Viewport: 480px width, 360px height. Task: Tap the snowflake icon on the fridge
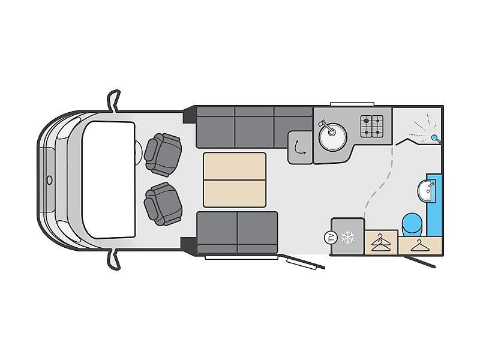[x=348, y=236]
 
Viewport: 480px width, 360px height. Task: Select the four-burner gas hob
[x=371, y=126]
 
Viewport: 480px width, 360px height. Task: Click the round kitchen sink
[x=332, y=137]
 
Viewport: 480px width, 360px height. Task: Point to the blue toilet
[x=412, y=224]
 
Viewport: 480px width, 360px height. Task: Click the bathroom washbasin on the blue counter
[x=426, y=191]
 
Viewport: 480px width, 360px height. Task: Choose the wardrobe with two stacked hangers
[x=381, y=242]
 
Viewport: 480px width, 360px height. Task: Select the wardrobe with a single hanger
[x=420, y=245]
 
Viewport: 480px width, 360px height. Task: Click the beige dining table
[x=235, y=179]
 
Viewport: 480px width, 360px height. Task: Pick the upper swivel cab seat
[x=163, y=155]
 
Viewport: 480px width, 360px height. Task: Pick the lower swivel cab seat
[x=163, y=204]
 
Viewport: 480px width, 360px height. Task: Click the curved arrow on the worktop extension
[x=300, y=147]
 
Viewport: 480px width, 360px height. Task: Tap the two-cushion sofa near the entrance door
[x=237, y=232]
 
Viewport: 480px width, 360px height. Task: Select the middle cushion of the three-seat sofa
[x=254, y=127]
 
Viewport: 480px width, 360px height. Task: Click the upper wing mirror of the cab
[x=113, y=101]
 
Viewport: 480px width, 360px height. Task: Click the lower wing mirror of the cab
[x=113, y=259]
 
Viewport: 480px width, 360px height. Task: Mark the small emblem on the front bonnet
[x=49, y=180]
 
